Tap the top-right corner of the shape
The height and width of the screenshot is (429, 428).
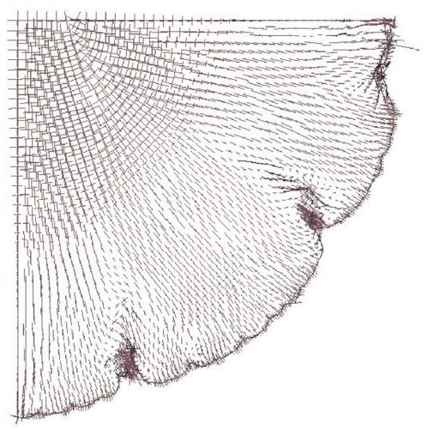point(394,19)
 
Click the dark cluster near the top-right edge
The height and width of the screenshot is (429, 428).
point(380,76)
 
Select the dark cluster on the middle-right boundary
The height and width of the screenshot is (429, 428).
point(310,216)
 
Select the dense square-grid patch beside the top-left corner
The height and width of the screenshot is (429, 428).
point(39,43)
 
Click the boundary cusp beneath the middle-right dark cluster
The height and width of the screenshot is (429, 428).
point(324,230)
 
